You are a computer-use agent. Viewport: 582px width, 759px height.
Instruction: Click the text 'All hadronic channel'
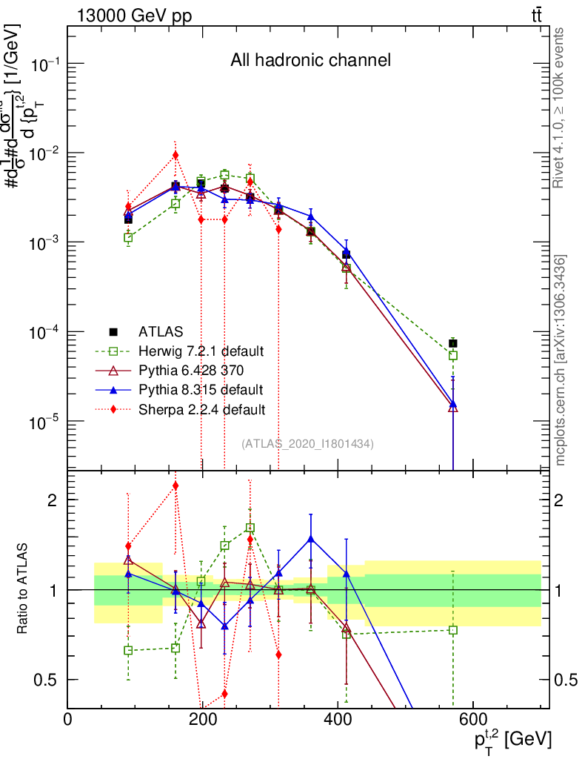(310, 61)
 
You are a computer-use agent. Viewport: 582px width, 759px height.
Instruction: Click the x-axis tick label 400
(338, 720)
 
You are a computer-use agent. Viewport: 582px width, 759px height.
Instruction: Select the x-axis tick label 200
(202, 720)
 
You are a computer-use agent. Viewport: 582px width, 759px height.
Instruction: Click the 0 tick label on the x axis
(68, 720)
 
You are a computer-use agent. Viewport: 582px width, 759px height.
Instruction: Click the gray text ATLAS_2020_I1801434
(307, 444)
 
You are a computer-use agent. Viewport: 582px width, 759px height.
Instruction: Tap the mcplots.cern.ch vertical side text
(561, 360)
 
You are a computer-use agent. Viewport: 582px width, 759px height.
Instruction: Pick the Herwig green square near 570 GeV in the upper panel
(453, 355)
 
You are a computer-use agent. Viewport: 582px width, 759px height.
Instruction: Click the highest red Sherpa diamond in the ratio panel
(175, 485)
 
